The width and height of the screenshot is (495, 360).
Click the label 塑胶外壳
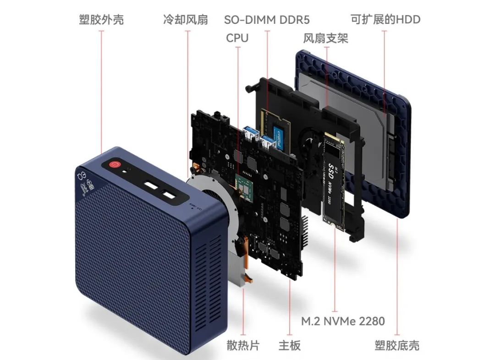coord(101,20)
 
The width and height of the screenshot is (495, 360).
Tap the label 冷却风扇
coord(185,20)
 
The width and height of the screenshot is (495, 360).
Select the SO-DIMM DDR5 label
coord(267,20)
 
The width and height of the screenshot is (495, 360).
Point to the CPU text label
coord(237,38)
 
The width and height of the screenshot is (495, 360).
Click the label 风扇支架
coord(325,38)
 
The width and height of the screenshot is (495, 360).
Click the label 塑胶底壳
coord(396,345)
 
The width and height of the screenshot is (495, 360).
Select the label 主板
coord(290,345)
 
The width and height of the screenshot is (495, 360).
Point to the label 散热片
coord(243,345)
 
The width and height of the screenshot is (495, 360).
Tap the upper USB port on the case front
coord(151,185)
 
